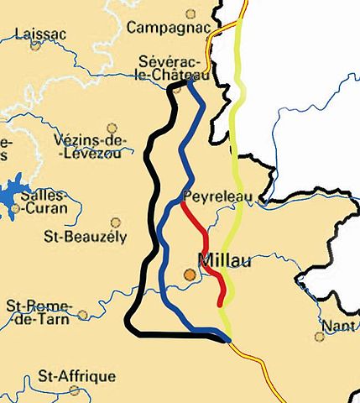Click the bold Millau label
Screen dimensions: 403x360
coord(225,259)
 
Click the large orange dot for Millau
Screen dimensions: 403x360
coord(190,274)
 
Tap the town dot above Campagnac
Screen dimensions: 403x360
coord(190,13)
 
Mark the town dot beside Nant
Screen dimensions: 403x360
coord(319,337)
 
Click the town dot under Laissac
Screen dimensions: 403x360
coord(35,45)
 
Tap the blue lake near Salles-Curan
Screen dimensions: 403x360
coord(12,195)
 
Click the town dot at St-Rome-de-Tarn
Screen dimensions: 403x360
coord(82,316)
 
